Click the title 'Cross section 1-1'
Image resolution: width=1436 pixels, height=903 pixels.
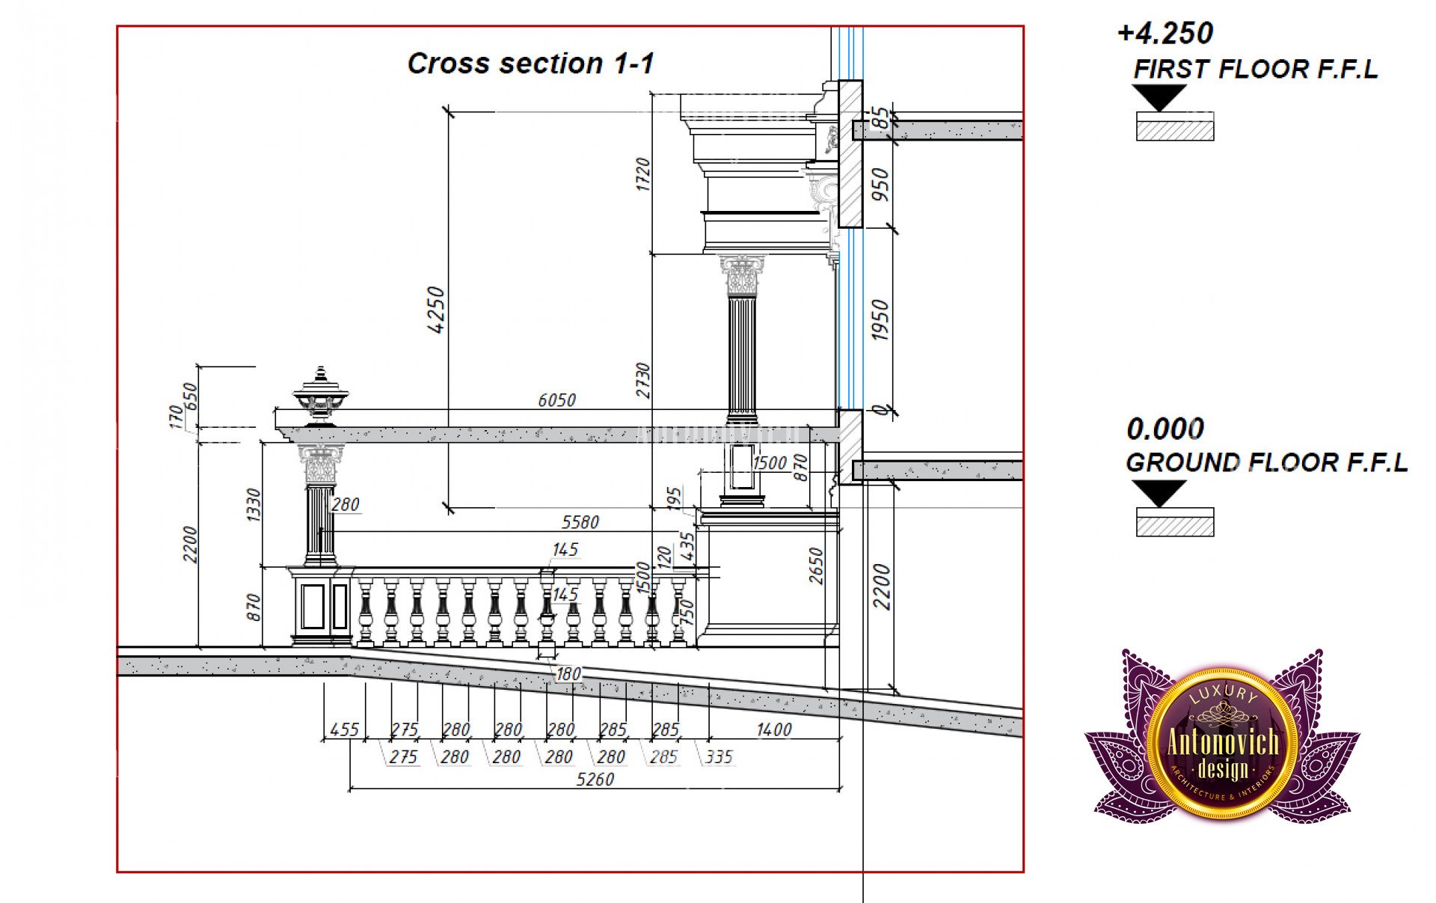(530, 64)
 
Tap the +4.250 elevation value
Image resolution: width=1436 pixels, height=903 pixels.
(1165, 34)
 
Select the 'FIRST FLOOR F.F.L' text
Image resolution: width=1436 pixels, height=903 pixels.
(1255, 70)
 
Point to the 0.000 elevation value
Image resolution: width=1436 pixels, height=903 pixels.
(1165, 429)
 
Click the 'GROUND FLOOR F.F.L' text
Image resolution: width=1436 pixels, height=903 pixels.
(1266, 463)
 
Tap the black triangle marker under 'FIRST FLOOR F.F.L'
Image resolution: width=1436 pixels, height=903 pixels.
(1159, 97)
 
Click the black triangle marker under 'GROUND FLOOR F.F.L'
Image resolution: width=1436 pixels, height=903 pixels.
(1159, 492)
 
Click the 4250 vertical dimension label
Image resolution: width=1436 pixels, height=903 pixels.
(435, 310)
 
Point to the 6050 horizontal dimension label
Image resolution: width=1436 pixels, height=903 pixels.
(557, 400)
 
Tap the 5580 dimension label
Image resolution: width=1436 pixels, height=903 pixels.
(580, 522)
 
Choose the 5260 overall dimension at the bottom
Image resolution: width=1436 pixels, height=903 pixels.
(595, 780)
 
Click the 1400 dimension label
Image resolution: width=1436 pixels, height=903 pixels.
(773, 729)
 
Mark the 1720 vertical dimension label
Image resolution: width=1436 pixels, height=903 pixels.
(642, 174)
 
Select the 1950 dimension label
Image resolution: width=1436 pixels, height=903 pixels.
(881, 320)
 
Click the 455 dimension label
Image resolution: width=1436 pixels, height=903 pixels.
(344, 729)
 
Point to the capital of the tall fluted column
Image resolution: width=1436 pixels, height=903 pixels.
(742, 275)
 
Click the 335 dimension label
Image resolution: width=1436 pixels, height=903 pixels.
(719, 757)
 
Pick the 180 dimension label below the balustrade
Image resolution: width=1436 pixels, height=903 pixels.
(568, 674)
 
